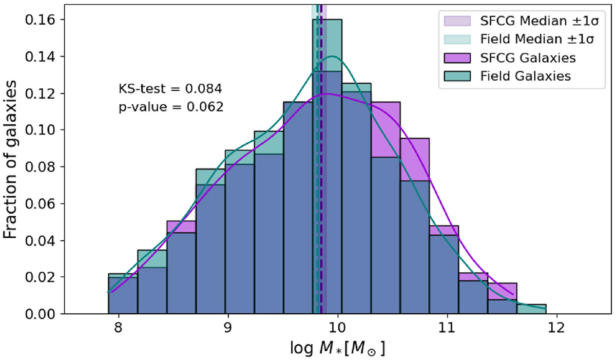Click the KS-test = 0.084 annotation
(x=170, y=89)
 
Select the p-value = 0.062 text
(x=170, y=108)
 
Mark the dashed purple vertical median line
(x=321, y=154)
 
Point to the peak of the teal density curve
(x=333, y=56)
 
